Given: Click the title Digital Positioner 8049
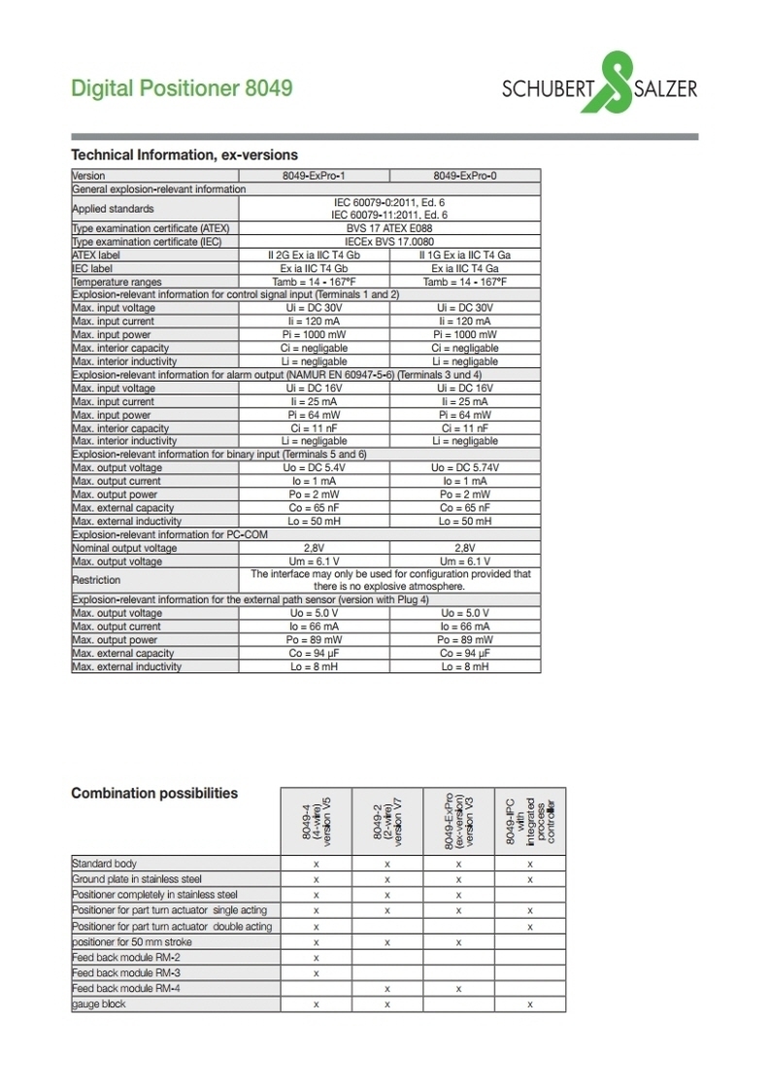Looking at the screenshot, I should (182, 88).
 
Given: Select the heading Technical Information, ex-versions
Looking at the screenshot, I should (184, 154).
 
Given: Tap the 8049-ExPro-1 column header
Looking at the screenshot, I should (314, 176).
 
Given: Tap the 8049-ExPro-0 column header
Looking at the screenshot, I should (465, 176).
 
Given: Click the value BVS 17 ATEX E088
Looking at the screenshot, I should (389, 228).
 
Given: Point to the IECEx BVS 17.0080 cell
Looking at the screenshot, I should (389, 242).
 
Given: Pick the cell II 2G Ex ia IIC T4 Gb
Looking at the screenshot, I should (314, 255).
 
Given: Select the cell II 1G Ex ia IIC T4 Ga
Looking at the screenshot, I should (465, 255).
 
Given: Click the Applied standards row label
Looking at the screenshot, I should (113, 209).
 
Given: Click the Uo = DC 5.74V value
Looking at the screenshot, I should (465, 468).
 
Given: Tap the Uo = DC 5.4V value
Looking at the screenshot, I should (314, 468).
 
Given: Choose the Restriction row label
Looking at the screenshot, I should (96, 580).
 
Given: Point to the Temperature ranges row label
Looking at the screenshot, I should (117, 282).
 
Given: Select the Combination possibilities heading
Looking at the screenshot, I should (154, 794).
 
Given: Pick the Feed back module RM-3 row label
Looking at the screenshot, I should (113, 972).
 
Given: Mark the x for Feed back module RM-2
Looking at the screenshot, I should (317, 957).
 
